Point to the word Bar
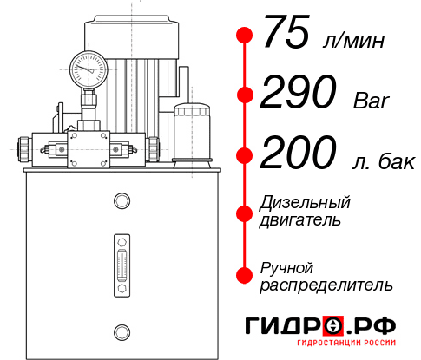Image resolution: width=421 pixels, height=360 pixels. click(x=373, y=101)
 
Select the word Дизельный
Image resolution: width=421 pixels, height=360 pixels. click(x=305, y=203)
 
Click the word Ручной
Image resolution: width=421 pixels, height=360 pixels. click(x=288, y=267)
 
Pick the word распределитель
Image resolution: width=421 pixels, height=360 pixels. click(x=326, y=284)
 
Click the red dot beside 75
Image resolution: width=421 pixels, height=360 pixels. click(x=245, y=36)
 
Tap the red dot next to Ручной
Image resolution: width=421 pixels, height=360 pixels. click(x=245, y=275)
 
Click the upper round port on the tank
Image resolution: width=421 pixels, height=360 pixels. click(x=121, y=202)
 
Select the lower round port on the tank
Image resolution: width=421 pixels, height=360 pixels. click(x=121, y=331)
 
